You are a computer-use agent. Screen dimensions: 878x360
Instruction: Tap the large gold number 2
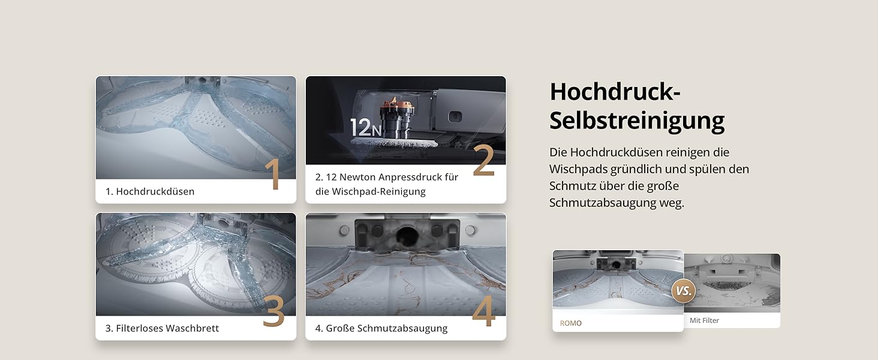[x=483, y=160]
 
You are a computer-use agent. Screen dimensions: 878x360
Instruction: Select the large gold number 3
[x=273, y=311]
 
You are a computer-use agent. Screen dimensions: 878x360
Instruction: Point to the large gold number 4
[x=484, y=311]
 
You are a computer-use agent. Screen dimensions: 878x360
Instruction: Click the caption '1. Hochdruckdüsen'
[x=150, y=191]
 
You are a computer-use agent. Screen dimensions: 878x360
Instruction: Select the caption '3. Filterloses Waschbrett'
[x=162, y=328]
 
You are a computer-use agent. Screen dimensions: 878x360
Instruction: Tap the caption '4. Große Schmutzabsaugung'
[x=381, y=328]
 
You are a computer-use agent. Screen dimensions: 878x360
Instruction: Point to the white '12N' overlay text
[x=366, y=127]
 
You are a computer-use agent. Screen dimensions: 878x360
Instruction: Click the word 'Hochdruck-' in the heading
[x=615, y=91]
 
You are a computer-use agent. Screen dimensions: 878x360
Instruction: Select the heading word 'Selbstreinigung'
[x=637, y=121]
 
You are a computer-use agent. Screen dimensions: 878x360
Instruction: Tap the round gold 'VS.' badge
[x=684, y=291]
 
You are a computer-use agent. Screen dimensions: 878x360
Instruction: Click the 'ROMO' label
[x=571, y=323]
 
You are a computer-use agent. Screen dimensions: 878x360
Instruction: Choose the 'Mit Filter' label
[x=704, y=320]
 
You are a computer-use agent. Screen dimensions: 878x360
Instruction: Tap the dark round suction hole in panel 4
[x=407, y=235]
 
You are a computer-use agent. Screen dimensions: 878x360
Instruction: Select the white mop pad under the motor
[x=394, y=142]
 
